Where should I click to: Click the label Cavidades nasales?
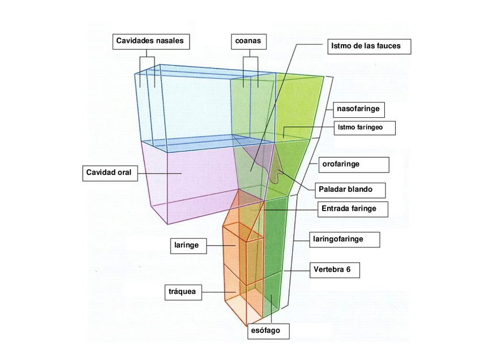pyautogui.click(x=150, y=41)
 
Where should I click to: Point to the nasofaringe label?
pyautogui.click(x=358, y=108)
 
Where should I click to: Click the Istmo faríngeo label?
pyautogui.click(x=363, y=127)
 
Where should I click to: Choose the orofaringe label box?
pyautogui.click(x=352, y=164)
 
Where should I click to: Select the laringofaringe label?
pyautogui.click(x=345, y=239)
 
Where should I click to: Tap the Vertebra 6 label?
pyautogui.click(x=336, y=269)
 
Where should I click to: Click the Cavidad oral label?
pyautogui.click(x=109, y=172)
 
